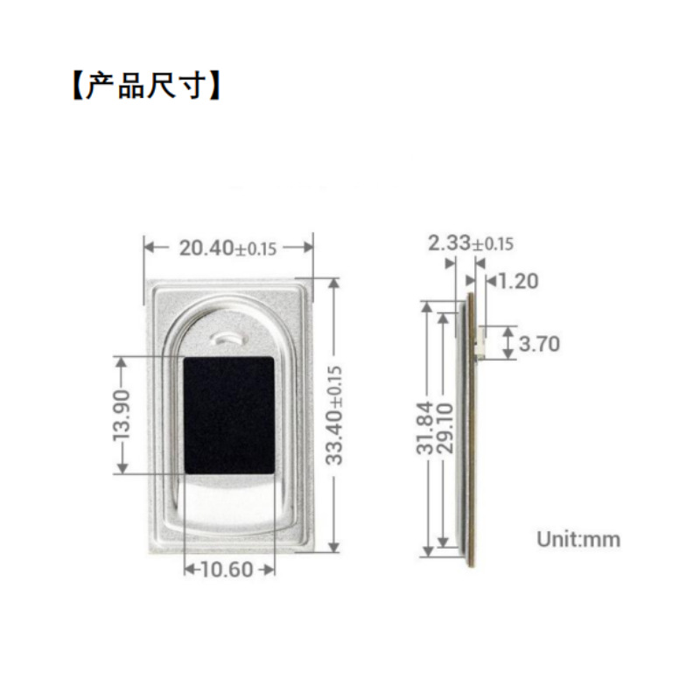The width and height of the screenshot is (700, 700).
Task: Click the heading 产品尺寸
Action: click(144, 87)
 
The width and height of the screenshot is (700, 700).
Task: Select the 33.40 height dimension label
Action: click(333, 416)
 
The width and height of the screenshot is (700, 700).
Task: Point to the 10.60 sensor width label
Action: click(227, 570)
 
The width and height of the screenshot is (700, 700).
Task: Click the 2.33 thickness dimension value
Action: click(449, 243)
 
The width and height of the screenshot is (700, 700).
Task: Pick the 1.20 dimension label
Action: click(519, 281)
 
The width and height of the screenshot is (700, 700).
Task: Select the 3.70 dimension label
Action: click(538, 344)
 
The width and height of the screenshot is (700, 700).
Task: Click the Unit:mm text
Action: click(578, 539)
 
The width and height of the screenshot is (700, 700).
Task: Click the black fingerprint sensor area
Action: click(228, 416)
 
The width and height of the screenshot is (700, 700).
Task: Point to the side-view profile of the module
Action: click(470, 429)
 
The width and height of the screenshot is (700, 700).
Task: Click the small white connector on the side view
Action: click(480, 343)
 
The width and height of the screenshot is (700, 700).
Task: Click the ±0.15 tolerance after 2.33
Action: click(493, 245)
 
